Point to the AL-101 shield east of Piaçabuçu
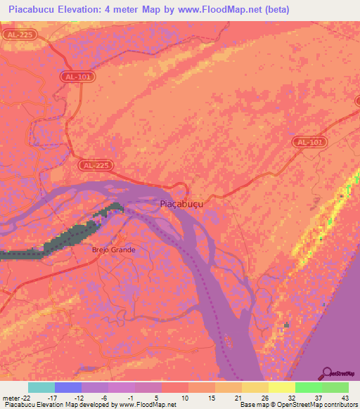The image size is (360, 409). (310, 142)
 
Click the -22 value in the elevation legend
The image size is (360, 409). (27, 397)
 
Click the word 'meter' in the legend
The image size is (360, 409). (11, 397)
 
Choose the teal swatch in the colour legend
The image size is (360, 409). (41, 387)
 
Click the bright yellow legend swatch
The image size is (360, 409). (281, 387)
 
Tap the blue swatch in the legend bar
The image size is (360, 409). (67, 387)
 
